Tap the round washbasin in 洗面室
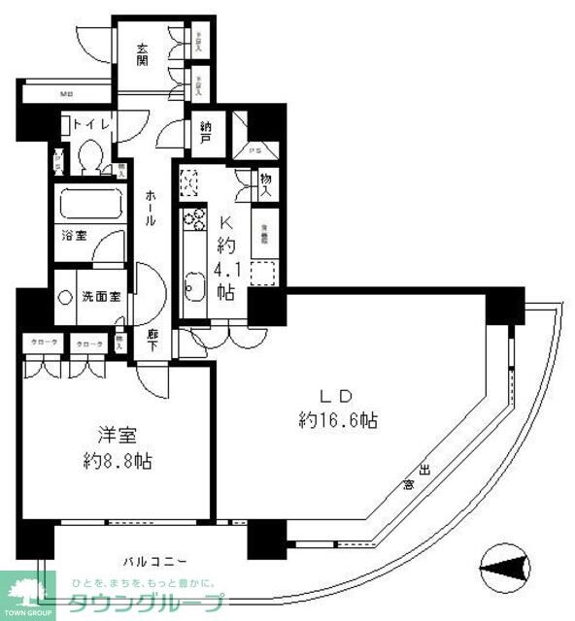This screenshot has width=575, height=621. pyautogui.click(x=66, y=298)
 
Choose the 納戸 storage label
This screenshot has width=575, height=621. pyautogui.click(x=207, y=130)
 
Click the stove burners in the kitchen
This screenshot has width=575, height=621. pyautogui.click(x=194, y=219)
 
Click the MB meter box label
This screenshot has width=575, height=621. pyautogui.click(x=66, y=94)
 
